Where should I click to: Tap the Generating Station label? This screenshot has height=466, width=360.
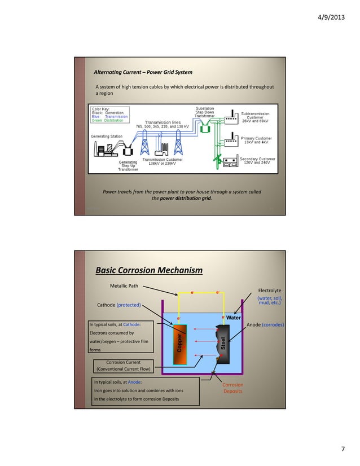pos(108,137)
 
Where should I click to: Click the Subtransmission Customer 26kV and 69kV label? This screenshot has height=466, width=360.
pos(257,117)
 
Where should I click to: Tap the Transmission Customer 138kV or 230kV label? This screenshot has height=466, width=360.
pos(162,161)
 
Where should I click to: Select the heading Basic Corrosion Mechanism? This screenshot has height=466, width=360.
pos(149,271)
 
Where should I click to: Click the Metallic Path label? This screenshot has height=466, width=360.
pos(124,286)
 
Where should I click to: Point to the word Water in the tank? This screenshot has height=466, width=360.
pos(234,318)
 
